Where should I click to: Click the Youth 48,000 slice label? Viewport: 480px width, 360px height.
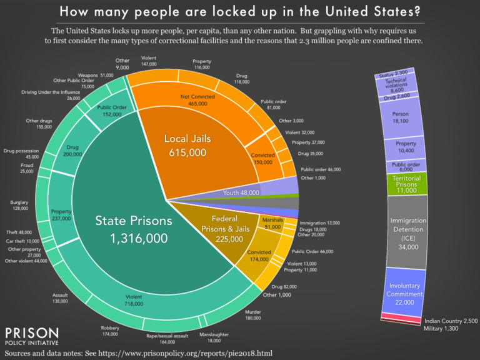pos(241,193)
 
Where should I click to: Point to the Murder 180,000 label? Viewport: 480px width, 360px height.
pos(271,314)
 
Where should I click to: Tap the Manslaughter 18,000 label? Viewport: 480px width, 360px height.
pos(214,337)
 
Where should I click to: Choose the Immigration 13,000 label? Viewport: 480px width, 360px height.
pos(320,222)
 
